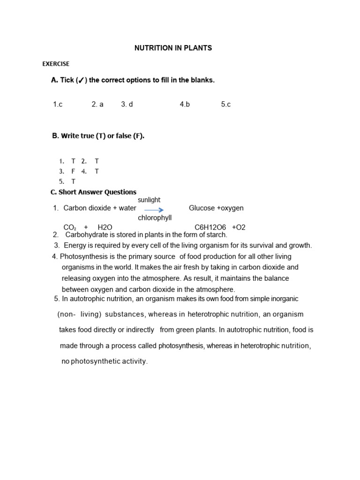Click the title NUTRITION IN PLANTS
coord(173,48)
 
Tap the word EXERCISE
coord(56,64)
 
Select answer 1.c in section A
coord(58,105)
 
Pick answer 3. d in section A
coord(127,105)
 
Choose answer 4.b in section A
coord(185,105)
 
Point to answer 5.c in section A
coord(226,105)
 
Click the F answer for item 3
coord(73,171)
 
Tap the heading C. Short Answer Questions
coord(93,192)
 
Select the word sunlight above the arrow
coord(149,200)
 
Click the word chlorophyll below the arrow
coord(155,218)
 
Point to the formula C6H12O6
coord(210,227)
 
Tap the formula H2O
coord(105,227)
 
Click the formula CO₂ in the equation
coord(70,227)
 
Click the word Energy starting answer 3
coord(75,245)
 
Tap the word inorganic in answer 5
coord(283,299)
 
